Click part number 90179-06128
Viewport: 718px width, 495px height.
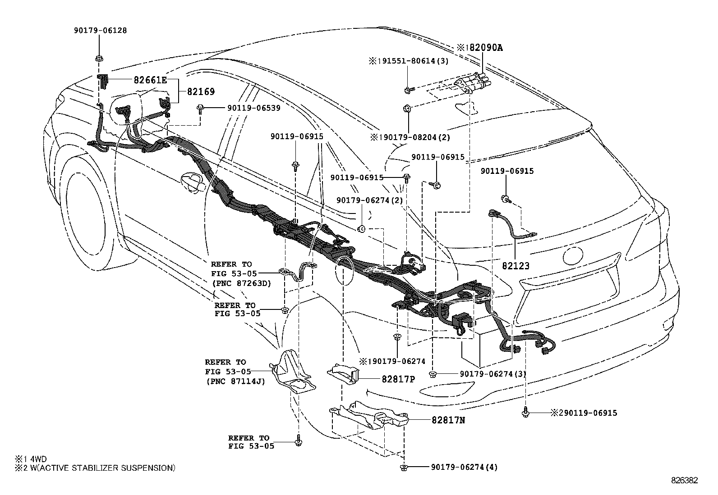(100, 31)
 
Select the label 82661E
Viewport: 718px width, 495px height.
(150, 81)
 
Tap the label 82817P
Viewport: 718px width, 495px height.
(398, 379)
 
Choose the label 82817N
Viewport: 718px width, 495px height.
(448, 420)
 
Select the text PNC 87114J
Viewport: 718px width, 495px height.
(235, 381)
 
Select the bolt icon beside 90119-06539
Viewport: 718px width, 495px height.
(199, 108)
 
